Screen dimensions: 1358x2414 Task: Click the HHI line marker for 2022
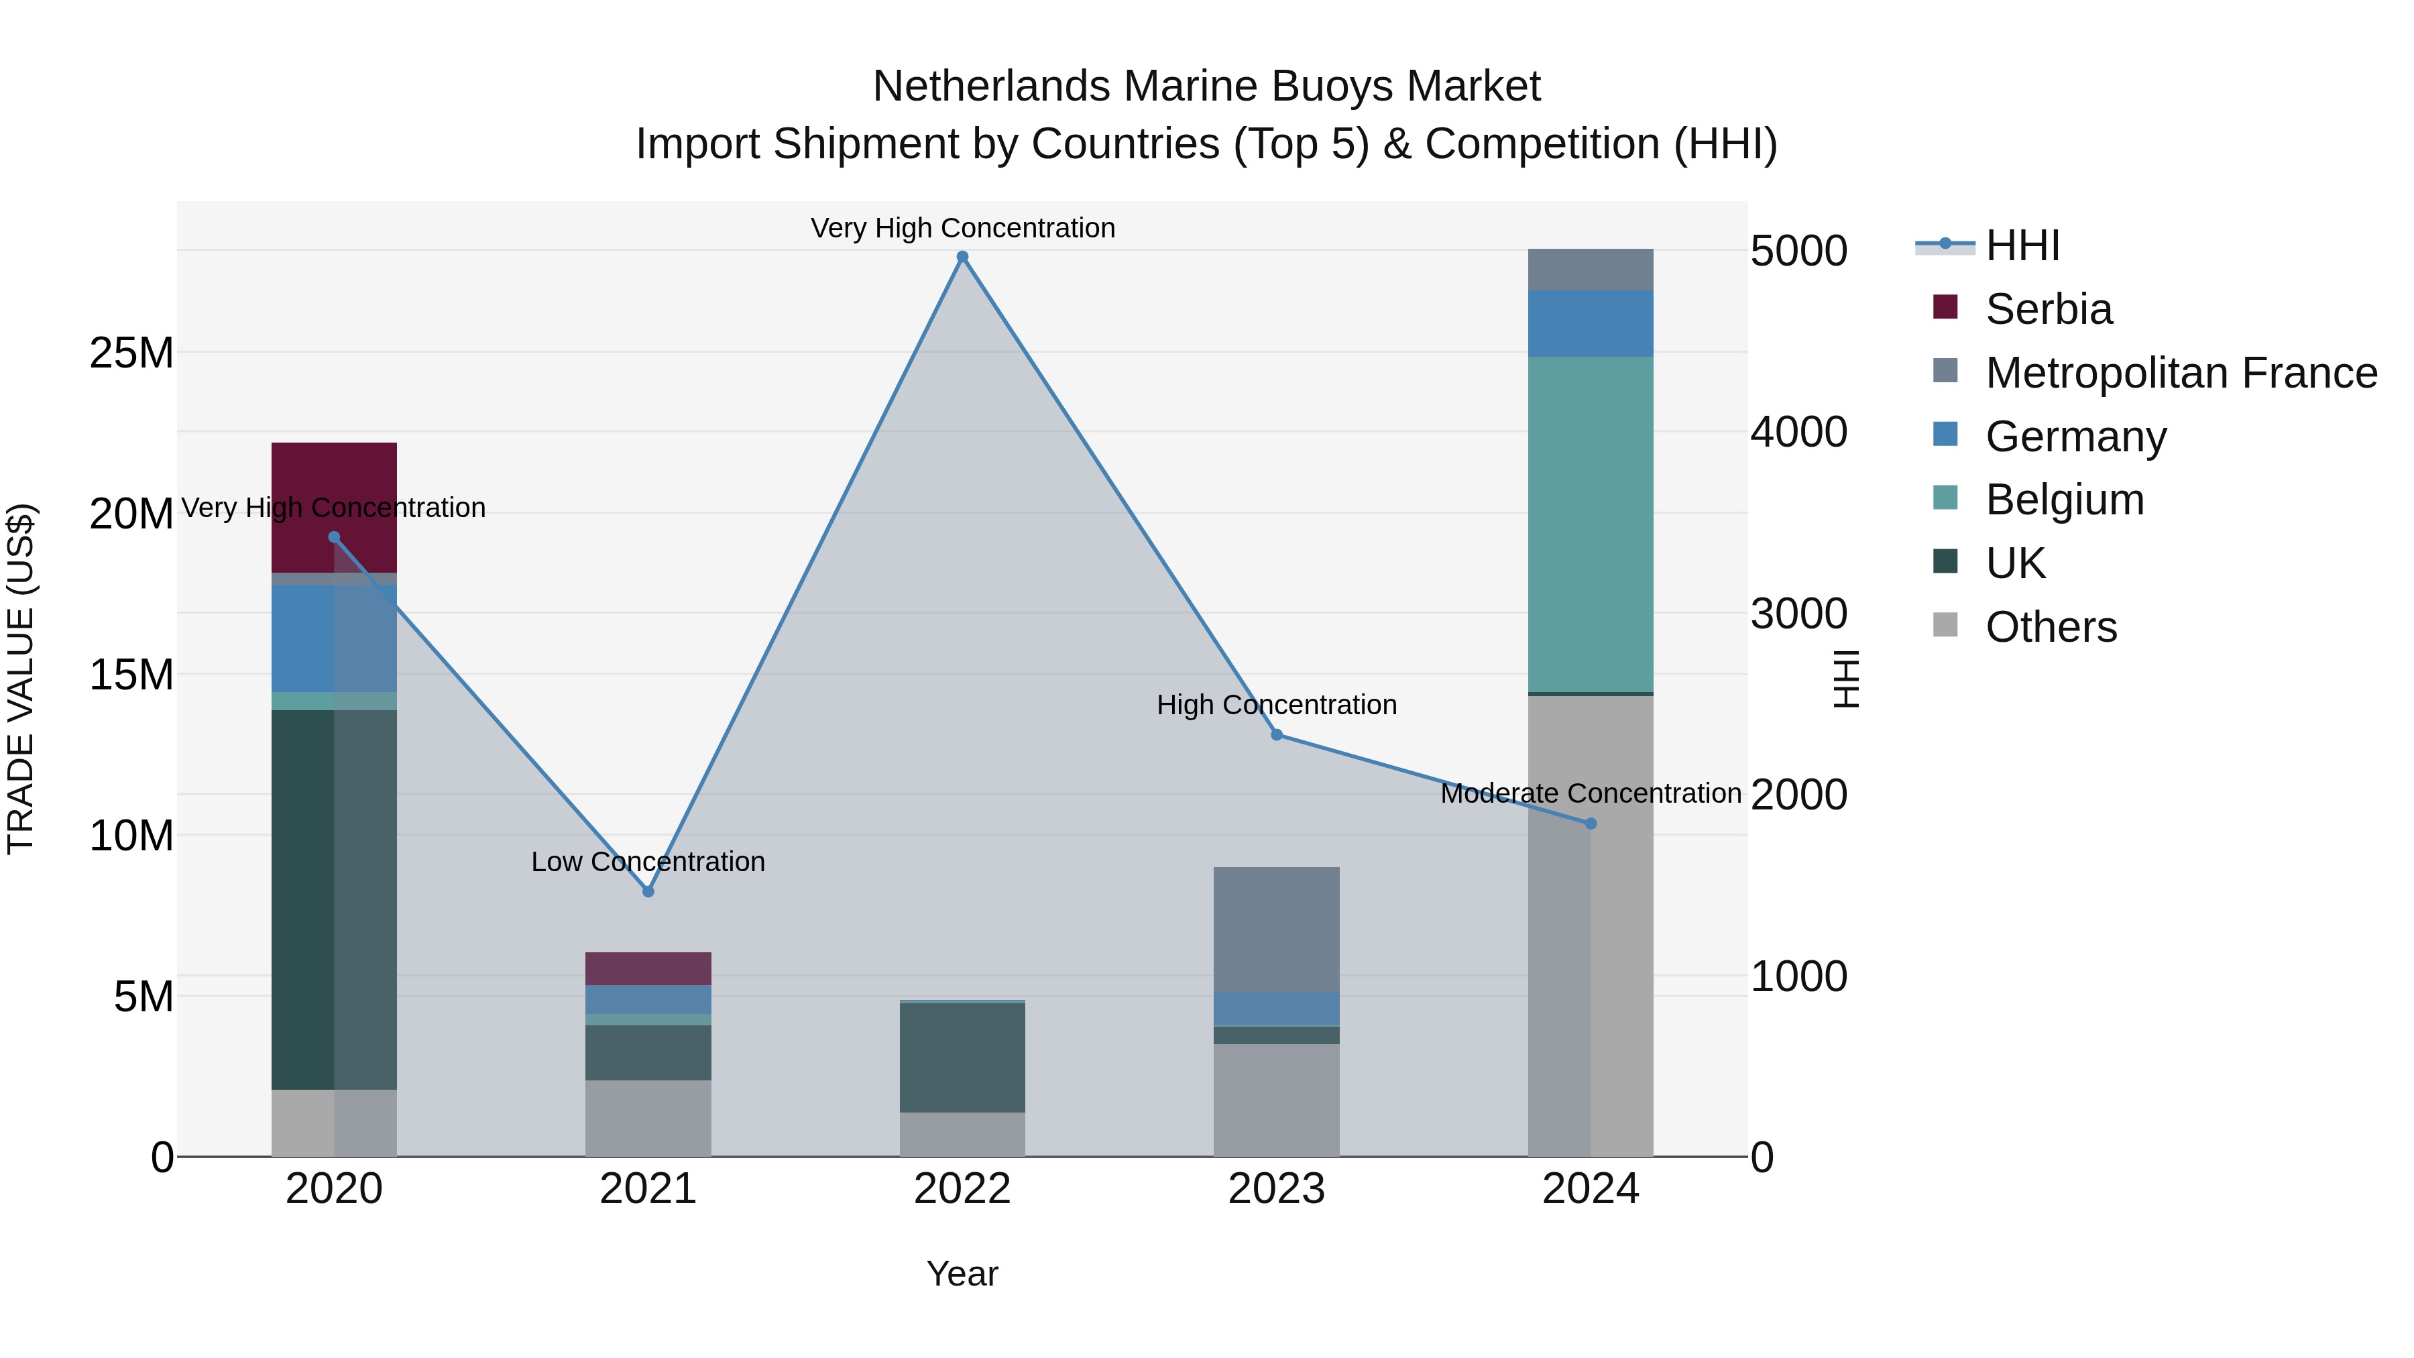click(962, 257)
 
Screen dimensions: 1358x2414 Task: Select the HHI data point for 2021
click(648, 891)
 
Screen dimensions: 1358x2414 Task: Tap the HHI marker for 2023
click(1276, 735)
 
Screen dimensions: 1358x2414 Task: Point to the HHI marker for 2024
click(1591, 824)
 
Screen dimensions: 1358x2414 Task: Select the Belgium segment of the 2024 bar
click(1591, 525)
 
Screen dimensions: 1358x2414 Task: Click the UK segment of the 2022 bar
click(962, 1057)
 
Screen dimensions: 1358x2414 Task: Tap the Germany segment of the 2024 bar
click(1591, 323)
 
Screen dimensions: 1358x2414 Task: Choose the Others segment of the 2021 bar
click(648, 1118)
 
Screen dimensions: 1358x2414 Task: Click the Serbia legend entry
click(2049, 309)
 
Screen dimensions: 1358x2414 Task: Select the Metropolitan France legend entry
click(2181, 373)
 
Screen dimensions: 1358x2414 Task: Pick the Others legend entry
click(2051, 627)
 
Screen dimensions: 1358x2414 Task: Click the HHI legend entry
click(2022, 245)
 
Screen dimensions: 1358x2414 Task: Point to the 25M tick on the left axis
click(131, 353)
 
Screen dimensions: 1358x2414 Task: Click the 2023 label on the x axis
click(1276, 1189)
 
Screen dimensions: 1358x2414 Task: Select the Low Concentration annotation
click(648, 861)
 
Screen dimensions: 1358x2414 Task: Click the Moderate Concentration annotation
click(1591, 793)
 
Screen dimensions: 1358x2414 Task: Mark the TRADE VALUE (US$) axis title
click(21, 679)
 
